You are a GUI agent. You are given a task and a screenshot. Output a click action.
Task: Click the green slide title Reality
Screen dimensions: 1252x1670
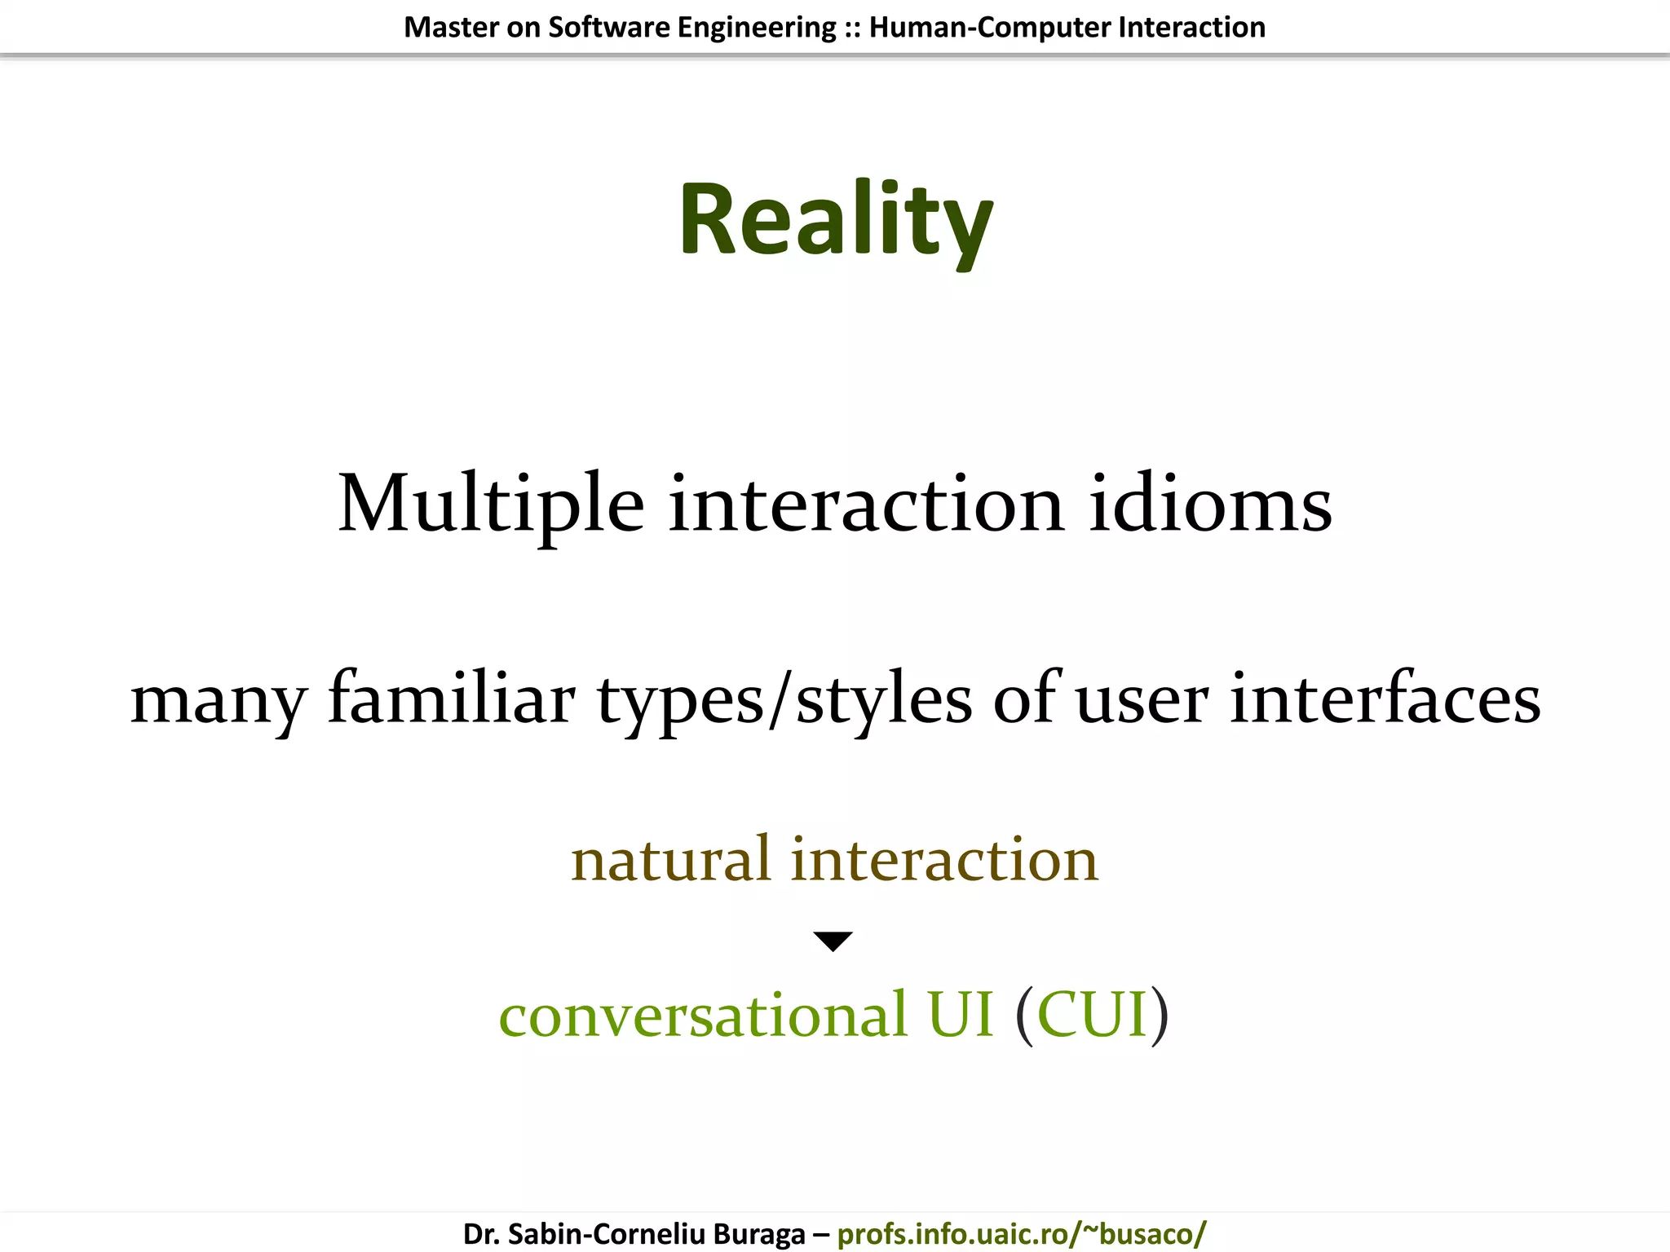(835, 220)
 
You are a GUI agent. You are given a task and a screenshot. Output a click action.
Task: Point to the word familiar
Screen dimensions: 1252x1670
(452, 699)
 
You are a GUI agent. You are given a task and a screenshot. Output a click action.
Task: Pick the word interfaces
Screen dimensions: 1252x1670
(1385, 699)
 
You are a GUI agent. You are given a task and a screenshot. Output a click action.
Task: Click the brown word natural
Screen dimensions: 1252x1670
(670, 859)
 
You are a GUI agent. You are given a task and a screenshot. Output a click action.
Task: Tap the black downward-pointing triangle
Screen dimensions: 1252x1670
(833, 941)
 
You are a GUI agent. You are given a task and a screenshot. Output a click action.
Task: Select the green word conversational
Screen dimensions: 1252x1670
(703, 1016)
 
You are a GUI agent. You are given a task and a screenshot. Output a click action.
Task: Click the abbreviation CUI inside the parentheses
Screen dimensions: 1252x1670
(1093, 1014)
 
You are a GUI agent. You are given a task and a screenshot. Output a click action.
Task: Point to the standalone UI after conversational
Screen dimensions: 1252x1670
(961, 1014)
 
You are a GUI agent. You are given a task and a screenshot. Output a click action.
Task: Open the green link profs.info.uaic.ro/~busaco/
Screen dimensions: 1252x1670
(1021, 1233)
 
